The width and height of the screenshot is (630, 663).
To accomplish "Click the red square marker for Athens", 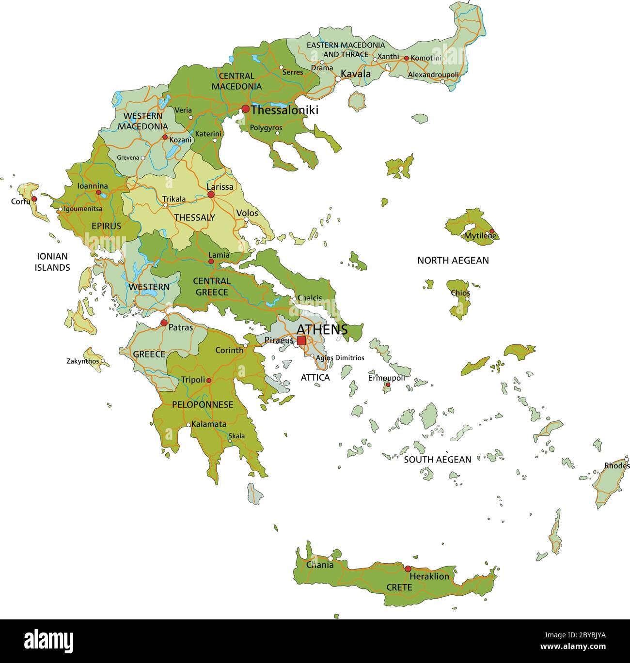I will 301,341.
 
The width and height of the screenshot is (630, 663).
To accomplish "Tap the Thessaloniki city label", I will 284,110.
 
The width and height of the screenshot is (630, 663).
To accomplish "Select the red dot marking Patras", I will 164,323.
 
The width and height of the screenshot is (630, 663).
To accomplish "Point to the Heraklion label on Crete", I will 429,577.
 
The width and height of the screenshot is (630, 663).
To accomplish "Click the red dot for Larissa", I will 211,195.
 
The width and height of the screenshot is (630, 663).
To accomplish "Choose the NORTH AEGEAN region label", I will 453,261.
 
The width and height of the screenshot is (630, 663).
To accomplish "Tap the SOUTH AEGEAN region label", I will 437,460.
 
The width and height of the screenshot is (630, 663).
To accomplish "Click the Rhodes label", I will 616,466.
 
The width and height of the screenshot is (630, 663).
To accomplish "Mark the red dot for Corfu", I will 34,199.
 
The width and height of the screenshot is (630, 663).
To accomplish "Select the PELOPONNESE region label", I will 203,404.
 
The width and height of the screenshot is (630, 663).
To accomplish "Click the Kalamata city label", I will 209,424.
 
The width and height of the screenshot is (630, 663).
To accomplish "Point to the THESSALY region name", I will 194,217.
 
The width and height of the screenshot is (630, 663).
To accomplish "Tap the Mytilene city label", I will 480,236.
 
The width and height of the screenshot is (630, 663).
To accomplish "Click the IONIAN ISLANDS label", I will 52,262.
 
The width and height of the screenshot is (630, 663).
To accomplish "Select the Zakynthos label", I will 82,361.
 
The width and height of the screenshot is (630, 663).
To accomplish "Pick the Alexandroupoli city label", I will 433,75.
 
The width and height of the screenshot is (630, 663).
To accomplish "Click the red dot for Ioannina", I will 98,192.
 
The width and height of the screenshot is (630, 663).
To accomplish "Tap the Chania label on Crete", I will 320,565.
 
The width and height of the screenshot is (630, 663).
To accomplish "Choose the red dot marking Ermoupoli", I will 388,385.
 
